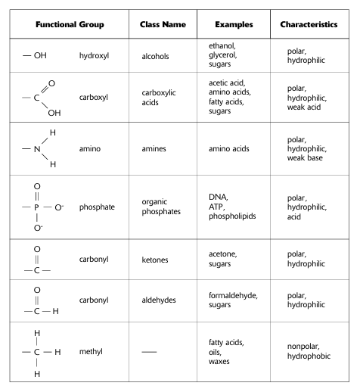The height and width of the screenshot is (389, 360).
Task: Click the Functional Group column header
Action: (x=67, y=25)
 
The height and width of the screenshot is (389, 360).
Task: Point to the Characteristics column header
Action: (x=309, y=25)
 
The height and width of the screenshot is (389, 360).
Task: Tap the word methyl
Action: (x=92, y=351)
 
